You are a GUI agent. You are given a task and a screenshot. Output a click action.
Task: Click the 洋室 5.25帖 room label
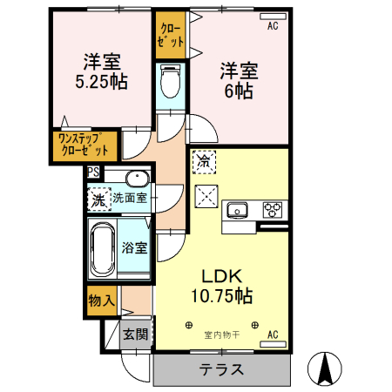pyautogui.click(x=103, y=71)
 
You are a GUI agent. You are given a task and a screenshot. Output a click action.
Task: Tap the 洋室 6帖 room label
pyautogui.click(x=237, y=79)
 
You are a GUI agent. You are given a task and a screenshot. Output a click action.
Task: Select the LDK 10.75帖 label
pyautogui.click(x=221, y=286)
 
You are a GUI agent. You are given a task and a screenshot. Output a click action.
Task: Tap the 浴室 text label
pyautogui.click(x=135, y=247)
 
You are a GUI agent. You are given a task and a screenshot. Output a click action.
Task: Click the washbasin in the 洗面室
pyautogui.click(x=138, y=180)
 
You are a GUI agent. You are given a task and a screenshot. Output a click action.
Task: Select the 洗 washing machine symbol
pyautogui.click(x=98, y=199)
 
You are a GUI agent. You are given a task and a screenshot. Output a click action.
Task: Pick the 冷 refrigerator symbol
pyautogui.click(x=203, y=161)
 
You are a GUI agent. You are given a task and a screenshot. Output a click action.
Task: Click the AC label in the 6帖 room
pyautogui.click(x=273, y=27)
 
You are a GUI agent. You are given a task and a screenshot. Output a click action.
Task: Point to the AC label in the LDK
pyautogui.click(x=273, y=335)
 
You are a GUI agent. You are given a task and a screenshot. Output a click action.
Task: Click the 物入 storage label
pyautogui.click(x=101, y=301)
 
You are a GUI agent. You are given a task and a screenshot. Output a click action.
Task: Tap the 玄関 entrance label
pyautogui.click(x=134, y=334)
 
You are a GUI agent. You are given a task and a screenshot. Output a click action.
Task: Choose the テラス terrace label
pyautogui.click(x=221, y=368)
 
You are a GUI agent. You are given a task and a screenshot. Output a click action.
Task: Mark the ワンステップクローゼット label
pyautogui.click(x=84, y=143)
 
